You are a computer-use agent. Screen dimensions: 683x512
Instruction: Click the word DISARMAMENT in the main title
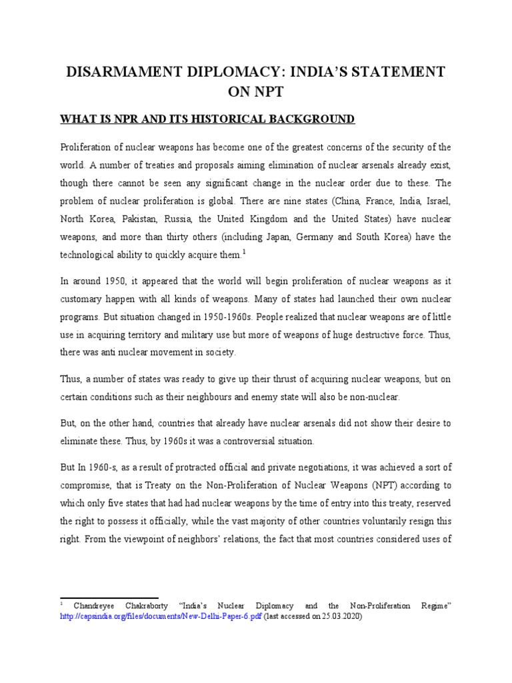pos(124,71)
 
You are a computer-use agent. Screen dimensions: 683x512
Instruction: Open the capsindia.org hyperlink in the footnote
pos(161,617)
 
